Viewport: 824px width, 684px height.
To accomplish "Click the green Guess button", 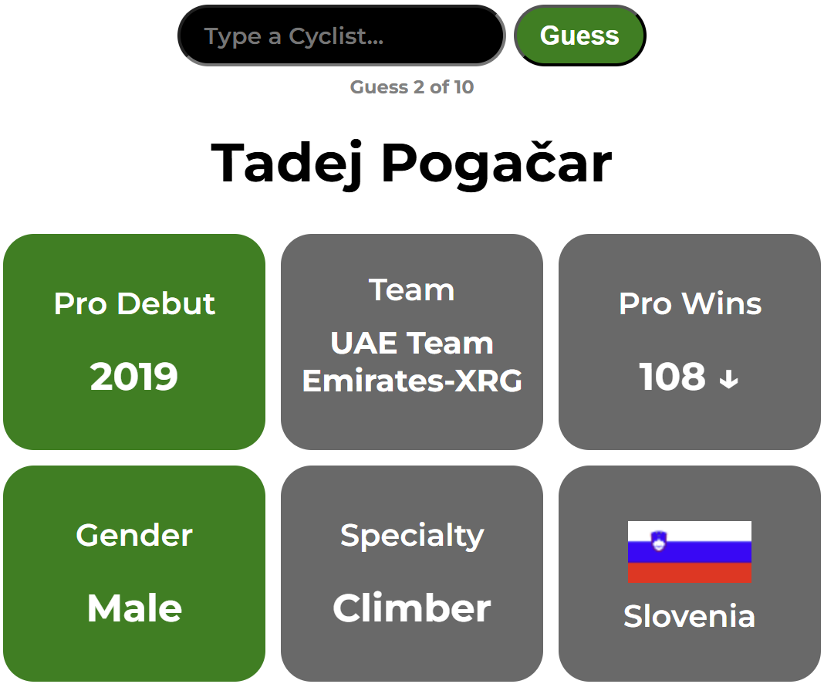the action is [579, 36].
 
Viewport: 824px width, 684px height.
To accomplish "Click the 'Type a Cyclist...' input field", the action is [342, 36].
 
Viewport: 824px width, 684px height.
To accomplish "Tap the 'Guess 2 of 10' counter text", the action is [412, 86].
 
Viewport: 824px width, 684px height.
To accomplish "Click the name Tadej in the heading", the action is [286, 164].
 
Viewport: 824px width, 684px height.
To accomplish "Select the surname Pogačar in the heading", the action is [497, 164].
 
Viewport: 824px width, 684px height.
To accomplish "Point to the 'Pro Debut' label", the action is [134, 303].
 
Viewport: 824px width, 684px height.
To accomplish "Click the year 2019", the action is [134, 377].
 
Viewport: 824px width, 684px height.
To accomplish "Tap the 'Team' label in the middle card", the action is [411, 290].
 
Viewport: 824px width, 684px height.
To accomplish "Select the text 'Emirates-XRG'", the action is [413, 381].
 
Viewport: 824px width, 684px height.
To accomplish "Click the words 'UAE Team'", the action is [412, 344].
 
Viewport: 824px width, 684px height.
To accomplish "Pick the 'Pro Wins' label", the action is [690, 303].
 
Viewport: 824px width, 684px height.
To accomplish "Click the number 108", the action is [672, 377].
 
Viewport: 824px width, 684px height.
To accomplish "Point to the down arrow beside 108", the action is [729, 379].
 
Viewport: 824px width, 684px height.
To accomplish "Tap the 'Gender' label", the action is [134, 535].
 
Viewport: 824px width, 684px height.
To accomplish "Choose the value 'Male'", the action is [134, 608].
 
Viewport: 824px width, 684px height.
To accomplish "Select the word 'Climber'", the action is [412, 608].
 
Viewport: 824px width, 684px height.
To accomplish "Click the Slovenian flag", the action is [690, 552].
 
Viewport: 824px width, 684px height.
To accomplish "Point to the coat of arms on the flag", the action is [658, 541].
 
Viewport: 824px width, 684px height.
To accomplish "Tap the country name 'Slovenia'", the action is [690, 616].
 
